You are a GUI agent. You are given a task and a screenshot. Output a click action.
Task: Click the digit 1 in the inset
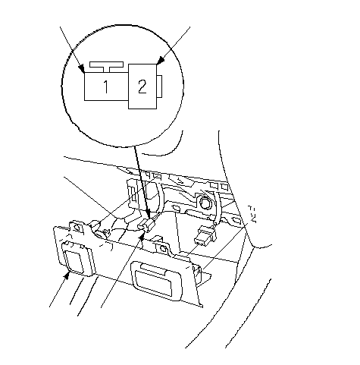coord(106,87)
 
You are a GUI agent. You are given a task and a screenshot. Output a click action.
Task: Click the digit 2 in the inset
coord(142,87)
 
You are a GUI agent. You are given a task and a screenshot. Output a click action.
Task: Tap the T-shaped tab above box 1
coord(106,67)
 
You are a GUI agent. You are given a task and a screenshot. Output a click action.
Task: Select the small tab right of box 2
coord(159,86)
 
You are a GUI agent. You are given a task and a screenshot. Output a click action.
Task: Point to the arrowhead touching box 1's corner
coord(81,68)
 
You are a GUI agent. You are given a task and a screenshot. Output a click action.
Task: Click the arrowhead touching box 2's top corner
coord(160,61)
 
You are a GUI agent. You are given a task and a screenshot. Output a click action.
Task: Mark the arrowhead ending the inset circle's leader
coord(148,214)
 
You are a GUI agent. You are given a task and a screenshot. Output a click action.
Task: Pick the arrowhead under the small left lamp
coord(67,275)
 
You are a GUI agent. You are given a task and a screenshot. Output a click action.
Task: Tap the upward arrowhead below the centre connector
coord(142,237)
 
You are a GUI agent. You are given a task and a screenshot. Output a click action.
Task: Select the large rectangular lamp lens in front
coord(156,282)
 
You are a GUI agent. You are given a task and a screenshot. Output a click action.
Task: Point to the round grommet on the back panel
coord(205,203)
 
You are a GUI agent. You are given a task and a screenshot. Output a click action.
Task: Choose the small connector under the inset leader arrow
coord(147,225)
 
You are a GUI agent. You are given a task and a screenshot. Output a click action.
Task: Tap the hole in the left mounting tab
coord(77,228)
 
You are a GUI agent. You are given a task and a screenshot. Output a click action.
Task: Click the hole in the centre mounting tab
coord(163,249)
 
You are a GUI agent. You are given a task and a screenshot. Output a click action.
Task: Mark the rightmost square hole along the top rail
coord(224,187)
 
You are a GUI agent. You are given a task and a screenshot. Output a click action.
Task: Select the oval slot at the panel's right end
coord(236,220)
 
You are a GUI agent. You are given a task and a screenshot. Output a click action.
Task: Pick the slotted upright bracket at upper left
coord(133,194)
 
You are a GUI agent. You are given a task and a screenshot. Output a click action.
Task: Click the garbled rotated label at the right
coord(252,214)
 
